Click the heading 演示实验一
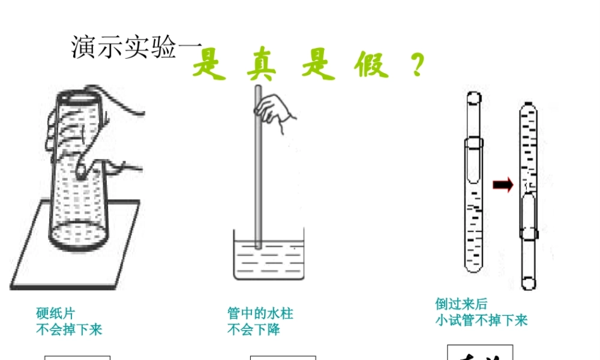pyautogui.click(x=125, y=47)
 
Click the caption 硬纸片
pyautogui.click(x=56, y=314)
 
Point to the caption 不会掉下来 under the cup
pyautogui.click(x=69, y=329)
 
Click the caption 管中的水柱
pyautogui.click(x=260, y=314)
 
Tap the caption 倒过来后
pyautogui.click(x=461, y=304)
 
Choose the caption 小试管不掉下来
pyautogui.click(x=482, y=320)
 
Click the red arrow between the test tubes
pyautogui.click(x=503, y=185)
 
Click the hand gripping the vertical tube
pyautogui.click(x=276, y=110)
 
